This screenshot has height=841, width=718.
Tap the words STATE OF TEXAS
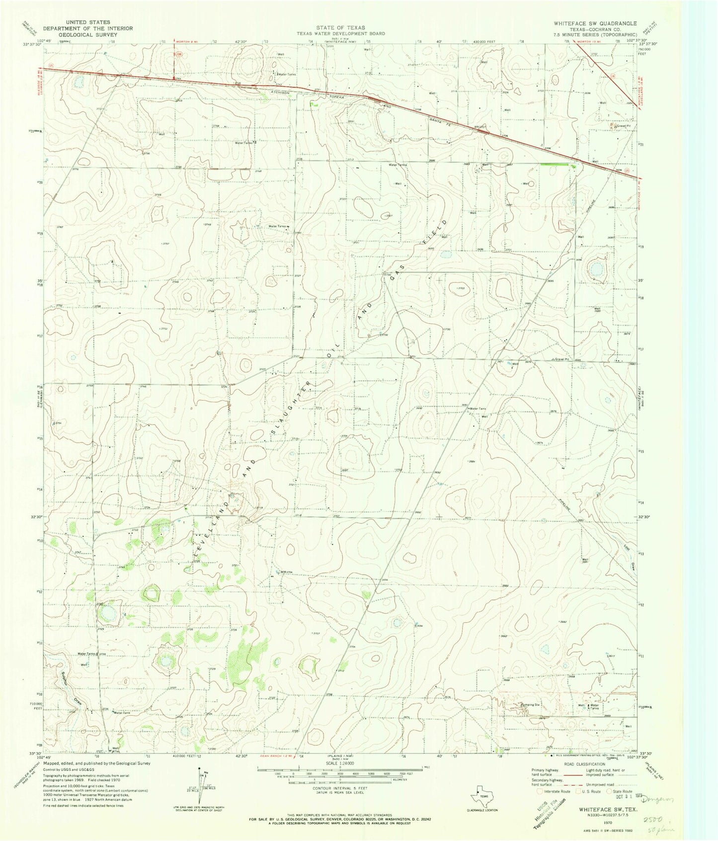[342, 27]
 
